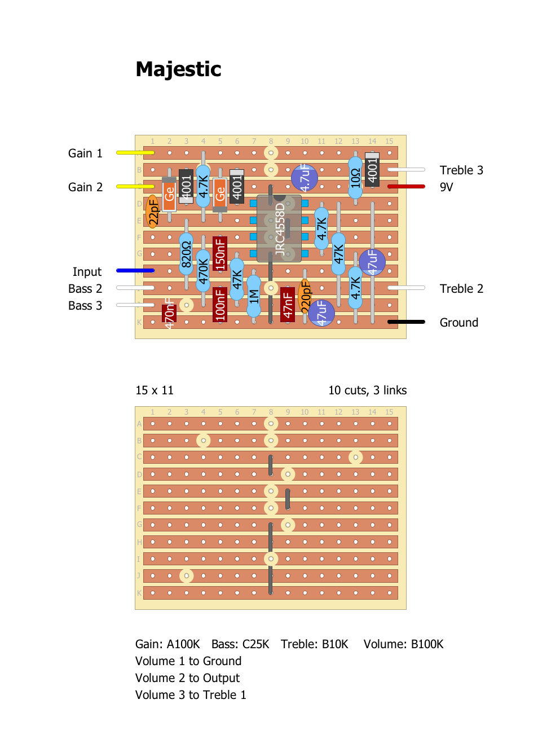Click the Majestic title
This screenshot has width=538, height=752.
[178, 69]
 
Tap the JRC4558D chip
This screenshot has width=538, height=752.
[279, 228]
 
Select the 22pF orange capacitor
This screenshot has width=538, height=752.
[153, 212]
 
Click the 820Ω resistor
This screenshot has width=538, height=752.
[186, 254]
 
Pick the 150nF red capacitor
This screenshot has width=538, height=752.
[220, 253]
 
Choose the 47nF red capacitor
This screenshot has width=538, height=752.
[288, 305]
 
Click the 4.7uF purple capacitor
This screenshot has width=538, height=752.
[305, 178]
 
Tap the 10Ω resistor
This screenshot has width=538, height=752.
[355, 178]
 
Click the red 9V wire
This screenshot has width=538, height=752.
[406, 186]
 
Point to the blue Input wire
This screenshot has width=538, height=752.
[135, 271]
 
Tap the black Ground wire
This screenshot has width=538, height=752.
[406, 322]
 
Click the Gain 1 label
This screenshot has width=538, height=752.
[85, 153]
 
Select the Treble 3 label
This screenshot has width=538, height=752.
[461, 170]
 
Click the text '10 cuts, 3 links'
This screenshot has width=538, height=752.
[367, 390]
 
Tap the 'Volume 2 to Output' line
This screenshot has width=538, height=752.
[187, 678]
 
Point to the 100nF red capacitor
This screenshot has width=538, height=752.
[220, 305]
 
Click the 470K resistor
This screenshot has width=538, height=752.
[203, 271]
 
